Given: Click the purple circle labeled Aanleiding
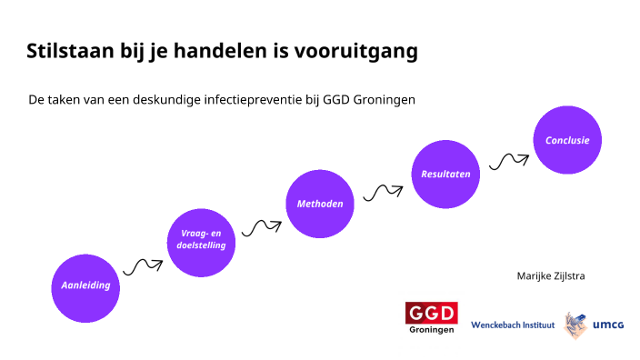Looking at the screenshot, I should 85,285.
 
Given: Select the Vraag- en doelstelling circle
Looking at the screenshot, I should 202,240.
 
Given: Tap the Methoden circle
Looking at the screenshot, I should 320,204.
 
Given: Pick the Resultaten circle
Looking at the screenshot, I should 445,174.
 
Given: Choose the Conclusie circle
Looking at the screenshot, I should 567,140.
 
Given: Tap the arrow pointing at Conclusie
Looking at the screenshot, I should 508,161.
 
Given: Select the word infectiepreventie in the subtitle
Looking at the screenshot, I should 295,99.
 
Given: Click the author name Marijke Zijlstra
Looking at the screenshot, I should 550,275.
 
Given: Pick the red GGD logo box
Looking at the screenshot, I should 431,313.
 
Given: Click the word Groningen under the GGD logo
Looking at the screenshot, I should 431,330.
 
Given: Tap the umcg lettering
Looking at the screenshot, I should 608,325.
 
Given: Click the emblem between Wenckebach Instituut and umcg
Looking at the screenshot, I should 575,325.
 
